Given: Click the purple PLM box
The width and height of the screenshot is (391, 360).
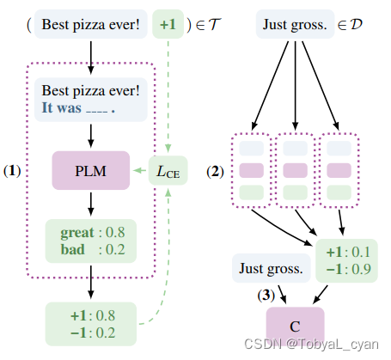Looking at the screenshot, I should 90,170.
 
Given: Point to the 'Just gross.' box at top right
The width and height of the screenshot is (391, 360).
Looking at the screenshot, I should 296,25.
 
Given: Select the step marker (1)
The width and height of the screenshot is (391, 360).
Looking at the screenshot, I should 13,170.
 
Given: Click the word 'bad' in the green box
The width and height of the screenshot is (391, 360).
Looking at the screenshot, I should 72,249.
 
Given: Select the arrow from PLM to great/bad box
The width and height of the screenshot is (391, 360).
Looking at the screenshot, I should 90,204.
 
